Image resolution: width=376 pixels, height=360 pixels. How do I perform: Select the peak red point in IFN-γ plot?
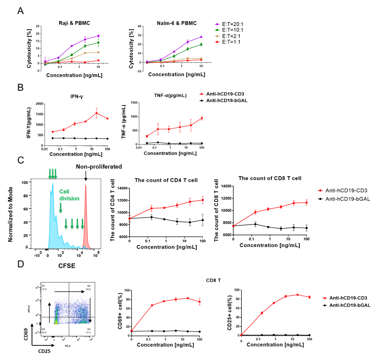(96, 113)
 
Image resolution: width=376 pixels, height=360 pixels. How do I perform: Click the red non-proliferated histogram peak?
(86, 186)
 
